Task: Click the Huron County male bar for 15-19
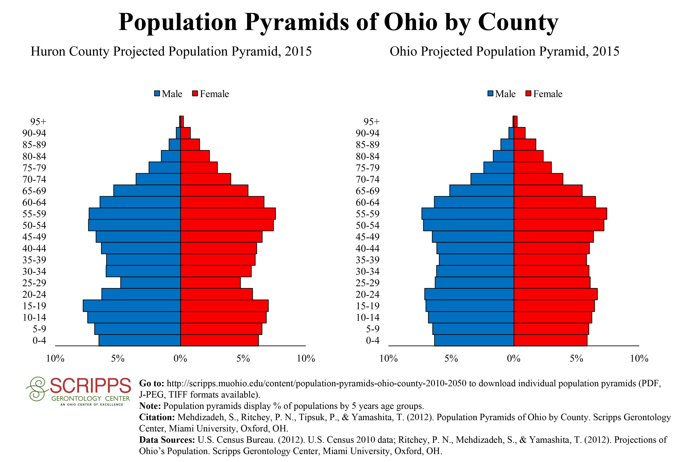(x=132, y=306)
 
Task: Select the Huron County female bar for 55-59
(x=228, y=214)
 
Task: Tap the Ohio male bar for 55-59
(x=468, y=214)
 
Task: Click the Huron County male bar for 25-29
(x=151, y=283)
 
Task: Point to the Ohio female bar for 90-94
(x=519, y=133)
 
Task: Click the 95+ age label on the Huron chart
(x=38, y=122)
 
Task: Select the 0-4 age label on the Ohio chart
(x=373, y=340)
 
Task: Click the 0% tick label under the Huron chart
(x=180, y=359)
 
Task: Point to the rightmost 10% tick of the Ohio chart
(x=639, y=359)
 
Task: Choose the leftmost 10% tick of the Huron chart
(x=55, y=359)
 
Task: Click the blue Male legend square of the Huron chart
(x=157, y=94)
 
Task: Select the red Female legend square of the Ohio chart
(x=529, y=94)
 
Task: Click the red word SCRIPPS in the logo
(x=90, y=386)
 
